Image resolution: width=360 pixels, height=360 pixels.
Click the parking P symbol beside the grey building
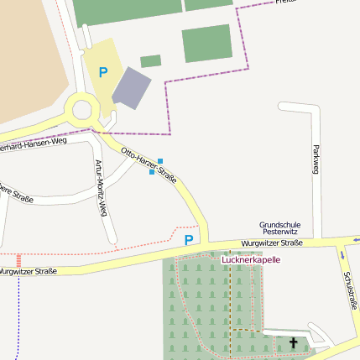coord(103,73)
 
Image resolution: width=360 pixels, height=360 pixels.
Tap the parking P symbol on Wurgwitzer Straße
coord(189,240)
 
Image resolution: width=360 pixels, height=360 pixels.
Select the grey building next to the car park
coord(132,87)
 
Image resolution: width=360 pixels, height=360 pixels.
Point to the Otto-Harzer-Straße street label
coord(149,165)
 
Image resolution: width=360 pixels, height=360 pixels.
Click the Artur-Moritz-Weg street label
coord(102,188)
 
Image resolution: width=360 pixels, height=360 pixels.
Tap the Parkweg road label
coord(316,159)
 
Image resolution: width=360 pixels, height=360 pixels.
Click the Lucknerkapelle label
coord(251,259)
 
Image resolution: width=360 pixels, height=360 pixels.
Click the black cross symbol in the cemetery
coord(293,342)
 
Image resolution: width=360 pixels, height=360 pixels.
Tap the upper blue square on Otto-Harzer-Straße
coord(160,160)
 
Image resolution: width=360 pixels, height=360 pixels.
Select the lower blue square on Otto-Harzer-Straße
coord(152,172)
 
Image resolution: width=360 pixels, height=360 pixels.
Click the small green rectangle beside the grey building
coord(151,61)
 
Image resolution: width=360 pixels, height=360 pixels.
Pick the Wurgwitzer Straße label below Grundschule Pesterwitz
coord(271,243)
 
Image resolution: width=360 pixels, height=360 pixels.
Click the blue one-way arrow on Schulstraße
coord(342,254)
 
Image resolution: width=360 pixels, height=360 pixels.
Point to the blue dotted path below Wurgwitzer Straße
coord(18,319)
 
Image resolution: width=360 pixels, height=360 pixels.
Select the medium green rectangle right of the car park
coord(207,44)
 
